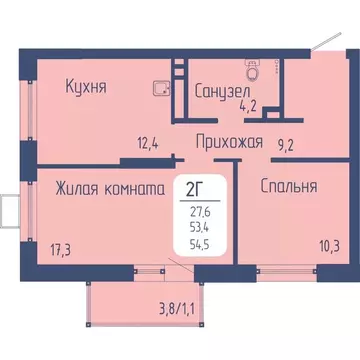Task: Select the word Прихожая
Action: click(x=230, y=142)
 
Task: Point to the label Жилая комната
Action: click(x=110, y=186)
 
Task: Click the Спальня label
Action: click(x=289, y=186)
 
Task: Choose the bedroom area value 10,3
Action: click(x=301, y=244)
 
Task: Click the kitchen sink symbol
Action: click(x=159, y=88)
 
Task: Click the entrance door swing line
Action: click(x=318, y=38)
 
